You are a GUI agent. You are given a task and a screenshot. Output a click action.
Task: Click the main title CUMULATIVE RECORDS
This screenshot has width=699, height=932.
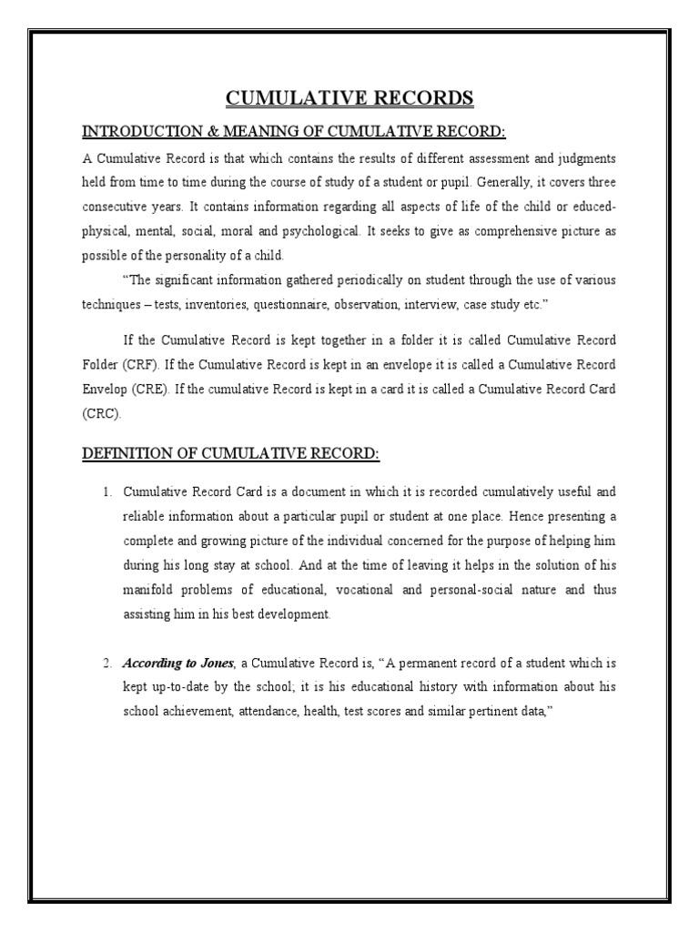pos(349,98)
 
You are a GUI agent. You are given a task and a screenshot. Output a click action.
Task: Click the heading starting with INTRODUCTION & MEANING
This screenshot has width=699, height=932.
pos(293,132)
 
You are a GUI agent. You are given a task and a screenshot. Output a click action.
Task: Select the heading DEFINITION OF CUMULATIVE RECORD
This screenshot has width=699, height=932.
pos(230,453)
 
